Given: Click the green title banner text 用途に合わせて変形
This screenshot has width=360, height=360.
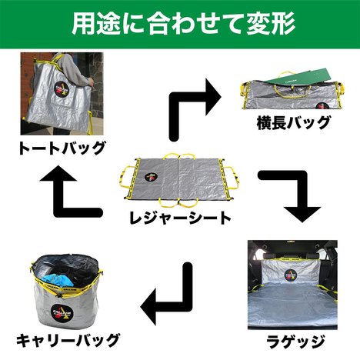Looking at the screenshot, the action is (x=184, y=25).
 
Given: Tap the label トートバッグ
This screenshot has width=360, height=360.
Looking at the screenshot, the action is (x=62, y=148).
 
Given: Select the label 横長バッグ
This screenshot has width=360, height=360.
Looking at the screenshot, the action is (x=293, y=122).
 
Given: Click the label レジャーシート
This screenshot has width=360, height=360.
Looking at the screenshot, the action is (x=180, y=218).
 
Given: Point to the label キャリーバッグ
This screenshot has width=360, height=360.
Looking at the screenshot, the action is (x=68, y=340).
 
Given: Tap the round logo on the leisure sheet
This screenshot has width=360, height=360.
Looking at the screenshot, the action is (x=151, y=178).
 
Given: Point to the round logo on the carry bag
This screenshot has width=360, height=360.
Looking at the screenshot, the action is (x=62, y=314).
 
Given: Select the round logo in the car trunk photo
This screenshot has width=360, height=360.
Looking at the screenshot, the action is (x=292, y=276).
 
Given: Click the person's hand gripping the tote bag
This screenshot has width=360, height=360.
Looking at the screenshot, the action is (x=91, y=80).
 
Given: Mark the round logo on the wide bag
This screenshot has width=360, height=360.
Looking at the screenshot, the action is (x=322, y=106).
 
